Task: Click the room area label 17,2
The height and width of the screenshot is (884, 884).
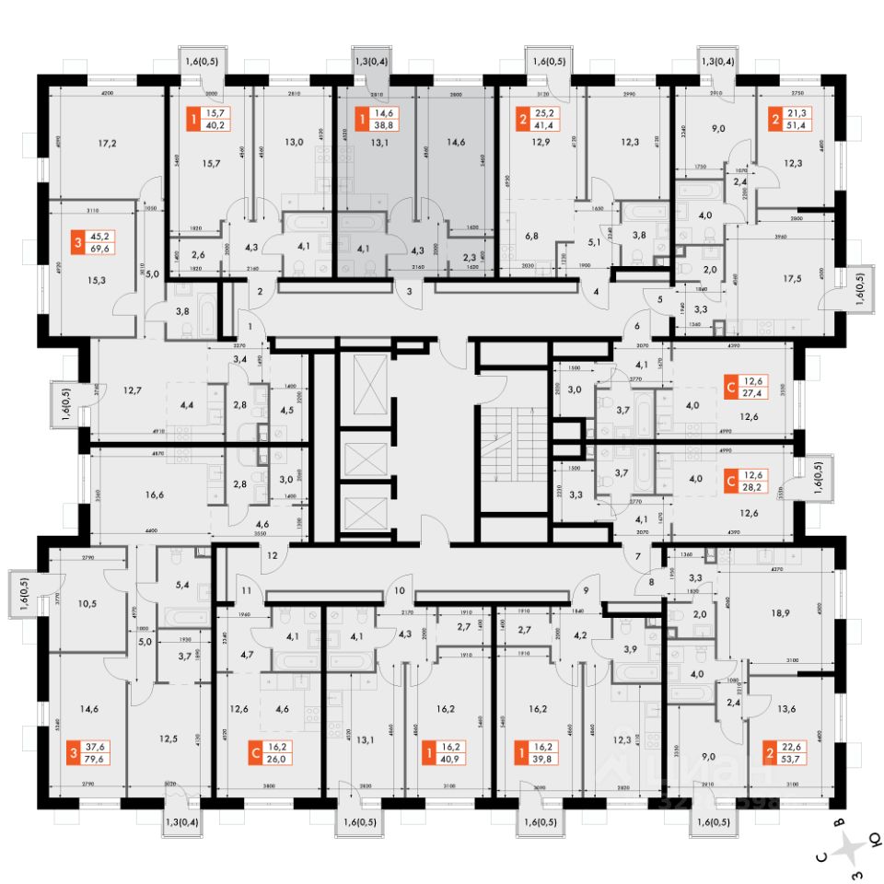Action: [107, 144]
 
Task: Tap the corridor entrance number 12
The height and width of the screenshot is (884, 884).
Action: [272, 555]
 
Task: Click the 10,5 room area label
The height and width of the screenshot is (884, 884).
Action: [87, 604]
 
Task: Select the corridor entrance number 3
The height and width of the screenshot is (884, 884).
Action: [408, 292]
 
